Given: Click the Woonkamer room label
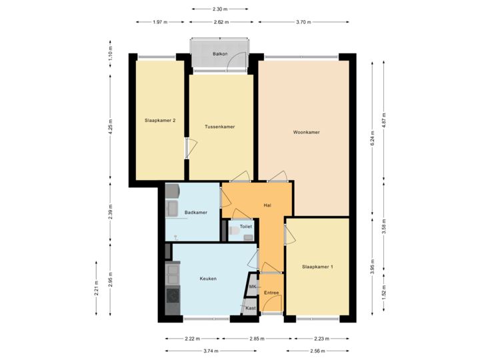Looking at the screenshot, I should [x=307, y=132].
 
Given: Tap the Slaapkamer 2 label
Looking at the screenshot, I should [x=160, y=121].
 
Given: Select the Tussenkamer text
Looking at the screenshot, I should [x=219, y=126].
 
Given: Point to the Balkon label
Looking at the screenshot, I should [x=220, y=53].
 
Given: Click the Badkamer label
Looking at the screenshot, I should [x=196, y=213].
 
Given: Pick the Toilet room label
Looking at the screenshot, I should [x=246, y=227].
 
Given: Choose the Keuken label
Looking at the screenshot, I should [x=208, y=279].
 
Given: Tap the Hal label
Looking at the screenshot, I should [x=267, y=205].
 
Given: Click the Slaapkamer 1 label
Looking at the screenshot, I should [x=317, y=267].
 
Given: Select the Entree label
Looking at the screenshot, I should [x=271, y=292].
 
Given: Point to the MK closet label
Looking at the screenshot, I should [x=253, y=287].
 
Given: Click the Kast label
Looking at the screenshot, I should [x=251, y=308].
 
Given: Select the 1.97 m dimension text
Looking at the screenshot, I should [x=160, y=22].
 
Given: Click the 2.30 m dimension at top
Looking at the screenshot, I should [x=220, y=9].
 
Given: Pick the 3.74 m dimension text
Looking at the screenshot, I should [x=193, y=350].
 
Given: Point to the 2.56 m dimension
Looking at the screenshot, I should [x=318, y=350].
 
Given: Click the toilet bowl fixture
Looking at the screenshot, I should [x=233, y=231].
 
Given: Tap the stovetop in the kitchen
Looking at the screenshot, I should [x=173, y=294].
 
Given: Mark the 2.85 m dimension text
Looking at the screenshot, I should [x=257, y=339].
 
